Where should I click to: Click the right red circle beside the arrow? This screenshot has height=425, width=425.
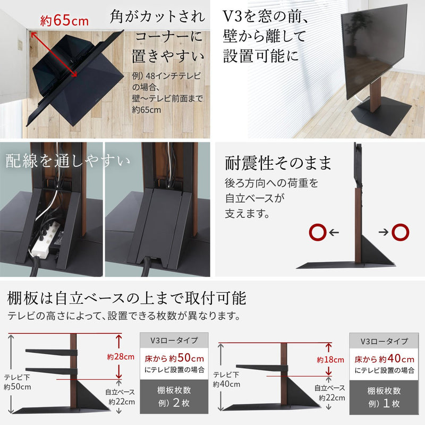(399, 232)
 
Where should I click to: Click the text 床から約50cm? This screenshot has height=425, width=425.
(175, 359)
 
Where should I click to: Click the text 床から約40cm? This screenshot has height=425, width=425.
(384, 359)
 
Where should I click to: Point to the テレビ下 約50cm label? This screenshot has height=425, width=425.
(18, 382)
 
